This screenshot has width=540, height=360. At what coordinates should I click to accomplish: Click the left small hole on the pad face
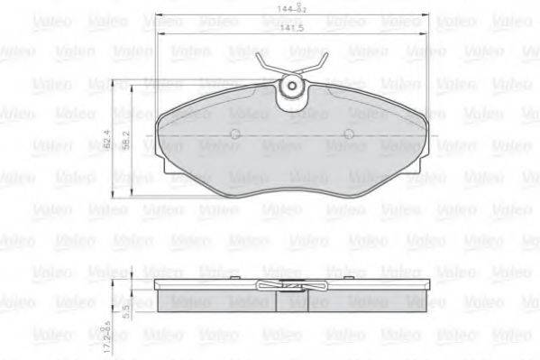click(235, 135)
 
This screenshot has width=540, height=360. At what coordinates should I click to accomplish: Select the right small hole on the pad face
click(350, 135)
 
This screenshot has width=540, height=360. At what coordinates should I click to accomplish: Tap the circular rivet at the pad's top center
click(292, 88)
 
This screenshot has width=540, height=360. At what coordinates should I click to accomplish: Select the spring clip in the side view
click(290, 285)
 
